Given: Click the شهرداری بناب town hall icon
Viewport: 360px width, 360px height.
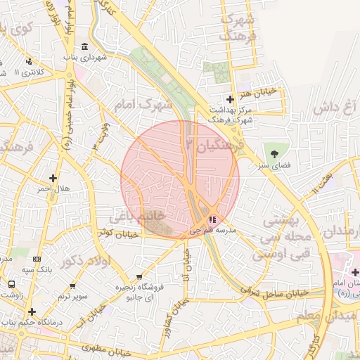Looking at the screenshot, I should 85,47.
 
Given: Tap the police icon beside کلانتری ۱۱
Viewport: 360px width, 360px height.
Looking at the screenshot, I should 29,61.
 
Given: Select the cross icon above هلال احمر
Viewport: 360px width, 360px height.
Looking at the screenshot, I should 53,178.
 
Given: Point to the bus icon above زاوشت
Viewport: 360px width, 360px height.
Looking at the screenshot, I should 12,284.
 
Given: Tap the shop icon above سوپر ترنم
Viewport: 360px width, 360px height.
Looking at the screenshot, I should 73,285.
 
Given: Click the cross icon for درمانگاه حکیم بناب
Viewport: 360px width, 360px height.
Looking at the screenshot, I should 32,311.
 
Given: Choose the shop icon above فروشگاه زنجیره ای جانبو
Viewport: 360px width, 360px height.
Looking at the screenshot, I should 139,276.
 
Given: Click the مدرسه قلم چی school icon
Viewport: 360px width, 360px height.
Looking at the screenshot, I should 213,220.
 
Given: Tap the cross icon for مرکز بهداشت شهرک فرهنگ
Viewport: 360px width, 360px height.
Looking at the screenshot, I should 230,99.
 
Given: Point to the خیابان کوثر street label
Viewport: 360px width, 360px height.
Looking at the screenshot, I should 116,232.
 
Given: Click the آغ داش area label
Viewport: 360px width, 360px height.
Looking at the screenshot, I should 336,108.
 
